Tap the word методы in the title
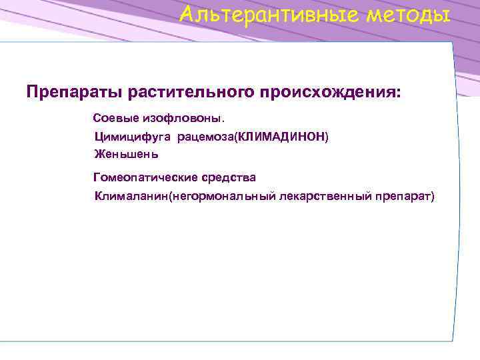click(x=406, y=14)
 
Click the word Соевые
click(x=115, y=118)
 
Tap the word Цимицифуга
click(x=133, y=137)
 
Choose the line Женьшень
click(x=126, y=154)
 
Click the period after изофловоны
click(x=224, y=120)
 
